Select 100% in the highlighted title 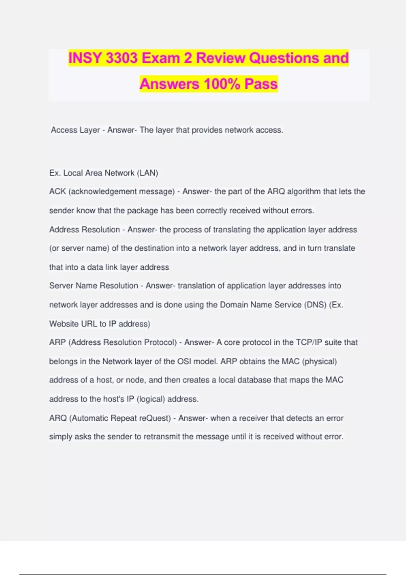[222, 84]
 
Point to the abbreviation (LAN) [147, 173]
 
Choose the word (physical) [319, 362]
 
